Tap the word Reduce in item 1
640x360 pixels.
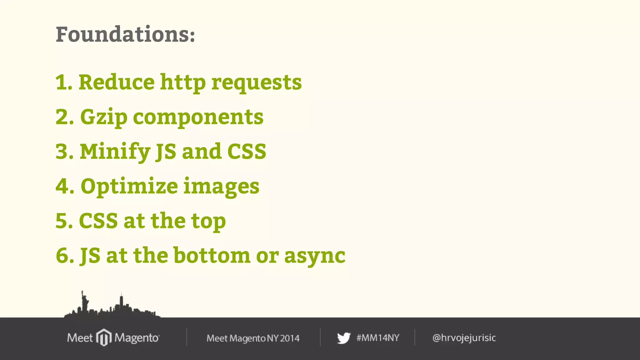pyautogui.click(x=117, y=82)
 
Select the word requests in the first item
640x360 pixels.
pyautogui.click(x=257, y=83)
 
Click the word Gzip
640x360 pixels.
pyautogui.click(x=104, y=117)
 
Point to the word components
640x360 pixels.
pyautogui.click(x=198, y=117)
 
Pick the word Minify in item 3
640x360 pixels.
pyautogui.click(x=115, y=152)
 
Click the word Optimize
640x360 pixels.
pyautogui.click(x=129, y=187)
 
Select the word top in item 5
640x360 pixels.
pyautogui.click(x=208, y=221)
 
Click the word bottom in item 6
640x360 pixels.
pyautogui.click(x=212, y=255)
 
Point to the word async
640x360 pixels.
pyautogui.click(x=315, y=256)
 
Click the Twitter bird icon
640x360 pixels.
pyautogui.click(x=343, y=338)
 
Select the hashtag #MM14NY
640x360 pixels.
pyautogui.click(x=378, y=338)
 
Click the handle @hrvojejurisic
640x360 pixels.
pyautogui.click(x=464, y=338)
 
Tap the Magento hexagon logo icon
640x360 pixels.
pyautogui.click(x=104, y=337)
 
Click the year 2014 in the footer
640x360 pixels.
pyautogui.click(x=290, y=338)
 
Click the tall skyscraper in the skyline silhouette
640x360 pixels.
pyautogui.click(x=121, y=302)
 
